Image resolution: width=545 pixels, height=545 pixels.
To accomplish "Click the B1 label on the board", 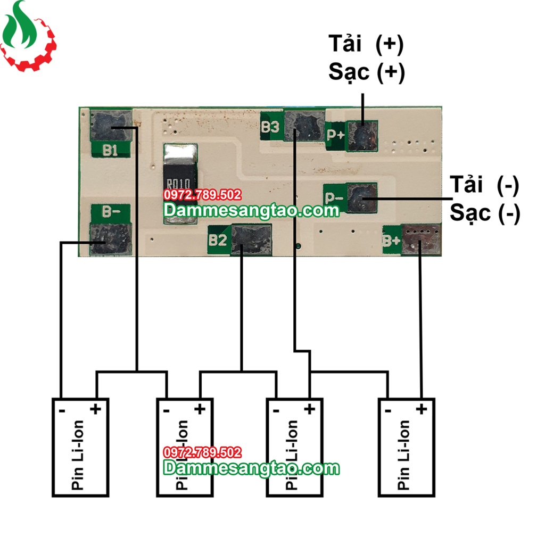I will (110, 150).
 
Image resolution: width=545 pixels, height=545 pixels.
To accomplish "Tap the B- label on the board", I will (110, 212).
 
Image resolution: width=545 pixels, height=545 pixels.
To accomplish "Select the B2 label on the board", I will (218, 240).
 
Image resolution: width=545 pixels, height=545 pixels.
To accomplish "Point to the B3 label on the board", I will (270, 127).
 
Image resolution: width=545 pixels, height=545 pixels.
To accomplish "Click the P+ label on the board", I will (335, 135).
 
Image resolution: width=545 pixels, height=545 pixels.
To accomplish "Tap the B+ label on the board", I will (391, 241).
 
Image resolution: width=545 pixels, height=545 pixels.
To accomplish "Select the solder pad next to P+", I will (362, 136).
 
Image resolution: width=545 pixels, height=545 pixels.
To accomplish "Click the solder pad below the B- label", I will (111, 239).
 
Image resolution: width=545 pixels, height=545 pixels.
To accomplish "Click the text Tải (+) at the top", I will (366, 45).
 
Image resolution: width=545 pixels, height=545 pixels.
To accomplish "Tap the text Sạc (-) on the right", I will (484, 213).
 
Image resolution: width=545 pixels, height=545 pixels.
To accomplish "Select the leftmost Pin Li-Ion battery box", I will (80, 448).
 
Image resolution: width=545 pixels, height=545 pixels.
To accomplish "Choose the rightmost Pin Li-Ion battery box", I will (407, 448).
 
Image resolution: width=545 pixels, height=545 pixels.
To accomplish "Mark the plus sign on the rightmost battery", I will (422, 409).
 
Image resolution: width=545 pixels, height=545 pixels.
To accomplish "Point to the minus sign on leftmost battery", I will (62, 410).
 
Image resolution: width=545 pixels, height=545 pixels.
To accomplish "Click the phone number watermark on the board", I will (202, 195).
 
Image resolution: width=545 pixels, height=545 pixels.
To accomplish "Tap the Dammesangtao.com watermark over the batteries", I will (251, 468).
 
